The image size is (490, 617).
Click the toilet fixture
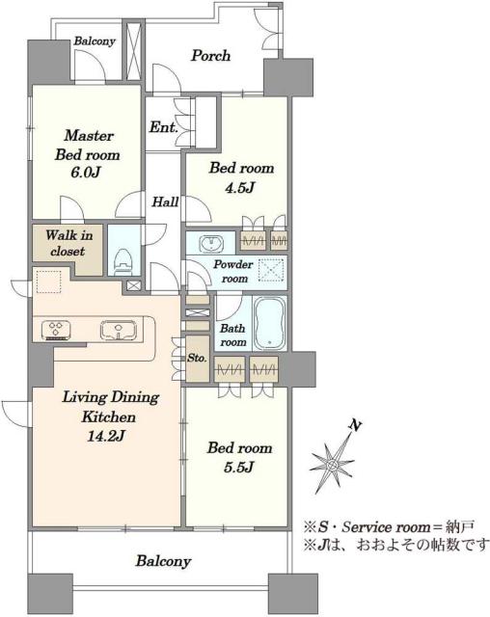(x=122, y=261)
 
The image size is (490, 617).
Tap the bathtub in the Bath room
(x=269, y=323)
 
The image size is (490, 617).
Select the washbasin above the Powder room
(x=211, y=244)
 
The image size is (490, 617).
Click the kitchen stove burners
(x=56, y=330)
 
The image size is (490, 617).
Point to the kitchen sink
(x=119, y=330)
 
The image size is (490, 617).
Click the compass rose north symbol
(x=333, y=465)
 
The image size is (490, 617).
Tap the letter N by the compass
(x=355, y=425)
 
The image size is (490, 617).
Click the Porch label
(x=210, y=56)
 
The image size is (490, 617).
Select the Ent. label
(x=164, y=127)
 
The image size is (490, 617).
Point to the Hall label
(x=165, y=202)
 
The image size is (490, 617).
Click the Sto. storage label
(x=197, y=358)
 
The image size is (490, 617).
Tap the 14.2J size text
(x=106, y=436)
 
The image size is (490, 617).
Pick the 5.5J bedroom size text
(x=239, y=467)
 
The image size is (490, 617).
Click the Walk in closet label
(x=68, y=243)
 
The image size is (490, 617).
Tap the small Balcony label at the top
(x=95, y=40)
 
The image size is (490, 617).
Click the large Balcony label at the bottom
(x=163, y=561)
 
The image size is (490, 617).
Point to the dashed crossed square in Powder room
(x=271, y=270)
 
